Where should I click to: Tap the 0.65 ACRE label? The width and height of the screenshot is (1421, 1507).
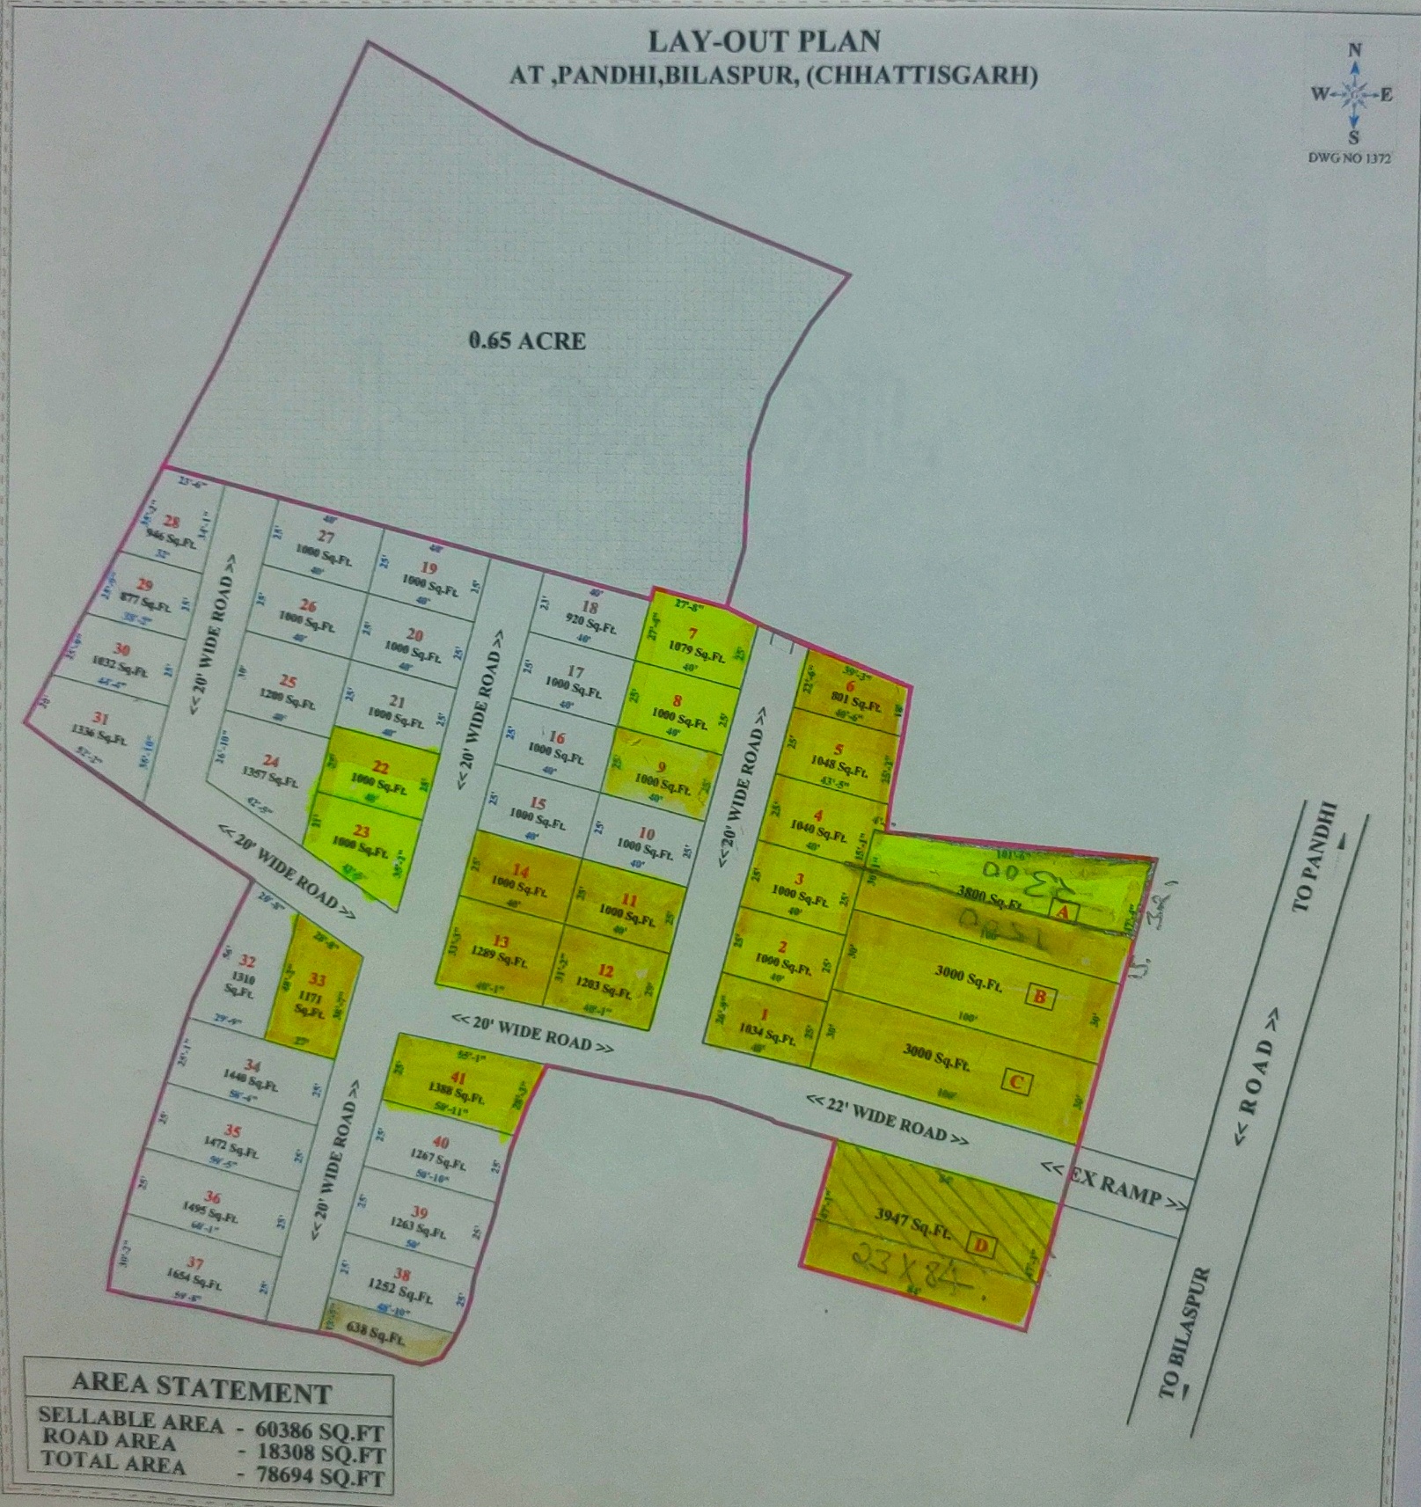click(527, 341)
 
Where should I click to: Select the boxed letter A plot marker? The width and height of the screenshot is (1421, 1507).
click(1064, 912)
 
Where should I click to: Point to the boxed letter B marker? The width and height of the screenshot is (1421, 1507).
click(1040, 997)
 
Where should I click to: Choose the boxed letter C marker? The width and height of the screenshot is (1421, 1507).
click(1016, 1081)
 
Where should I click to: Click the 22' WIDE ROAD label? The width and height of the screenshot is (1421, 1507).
click(888, 1118)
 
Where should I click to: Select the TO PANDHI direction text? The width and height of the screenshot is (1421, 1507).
click(1316, 857)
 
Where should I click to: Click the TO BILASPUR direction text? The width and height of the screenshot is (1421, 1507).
click(1184, 1332)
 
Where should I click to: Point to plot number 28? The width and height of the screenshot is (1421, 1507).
click(172, 521)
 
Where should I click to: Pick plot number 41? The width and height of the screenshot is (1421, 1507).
click(458, 1079)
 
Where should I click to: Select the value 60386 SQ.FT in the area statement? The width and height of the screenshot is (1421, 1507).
click(319, 1432)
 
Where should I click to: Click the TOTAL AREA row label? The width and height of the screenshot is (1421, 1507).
click(112, 1464)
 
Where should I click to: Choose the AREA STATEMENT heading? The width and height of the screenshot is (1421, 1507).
click(201, 1391)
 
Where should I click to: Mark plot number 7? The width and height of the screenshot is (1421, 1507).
click(692, 633)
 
